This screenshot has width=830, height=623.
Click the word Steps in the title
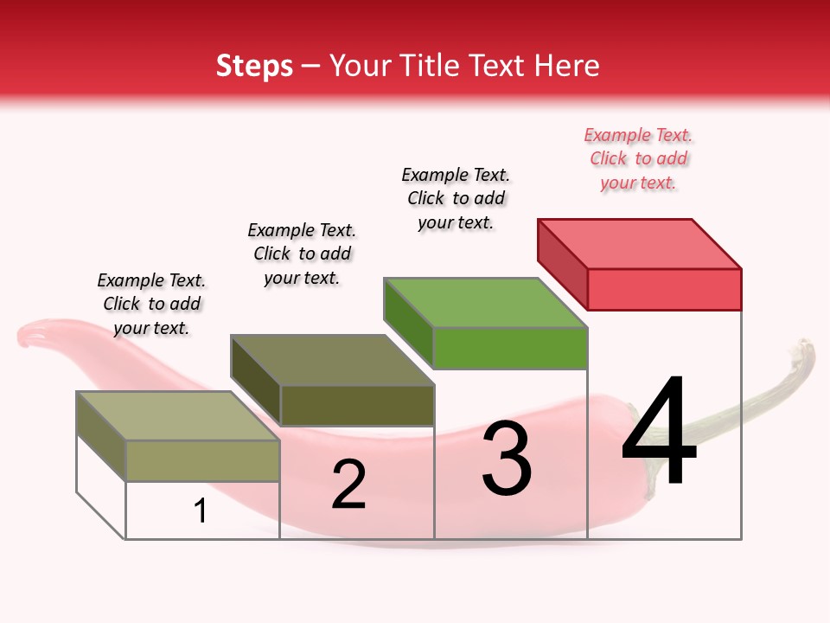coord(254,66)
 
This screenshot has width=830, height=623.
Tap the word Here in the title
coord(566,66)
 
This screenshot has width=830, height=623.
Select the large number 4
coord(659,433)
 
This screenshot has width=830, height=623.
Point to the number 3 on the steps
coord(507,459)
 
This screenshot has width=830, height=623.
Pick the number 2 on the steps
coord(348,485)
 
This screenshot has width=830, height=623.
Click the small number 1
coord(201,511)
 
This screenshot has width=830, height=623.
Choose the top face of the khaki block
coord(178,415)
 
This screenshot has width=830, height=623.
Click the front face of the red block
coord(664,289)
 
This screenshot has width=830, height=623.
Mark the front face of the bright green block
coord(510,348)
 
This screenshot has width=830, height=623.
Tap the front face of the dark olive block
coord(357,405)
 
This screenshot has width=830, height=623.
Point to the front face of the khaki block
coord(203,460)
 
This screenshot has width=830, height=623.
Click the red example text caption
coord(638,158)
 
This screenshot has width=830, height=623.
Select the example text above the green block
coord(456,198)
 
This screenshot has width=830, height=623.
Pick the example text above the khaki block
coord(151,304)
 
